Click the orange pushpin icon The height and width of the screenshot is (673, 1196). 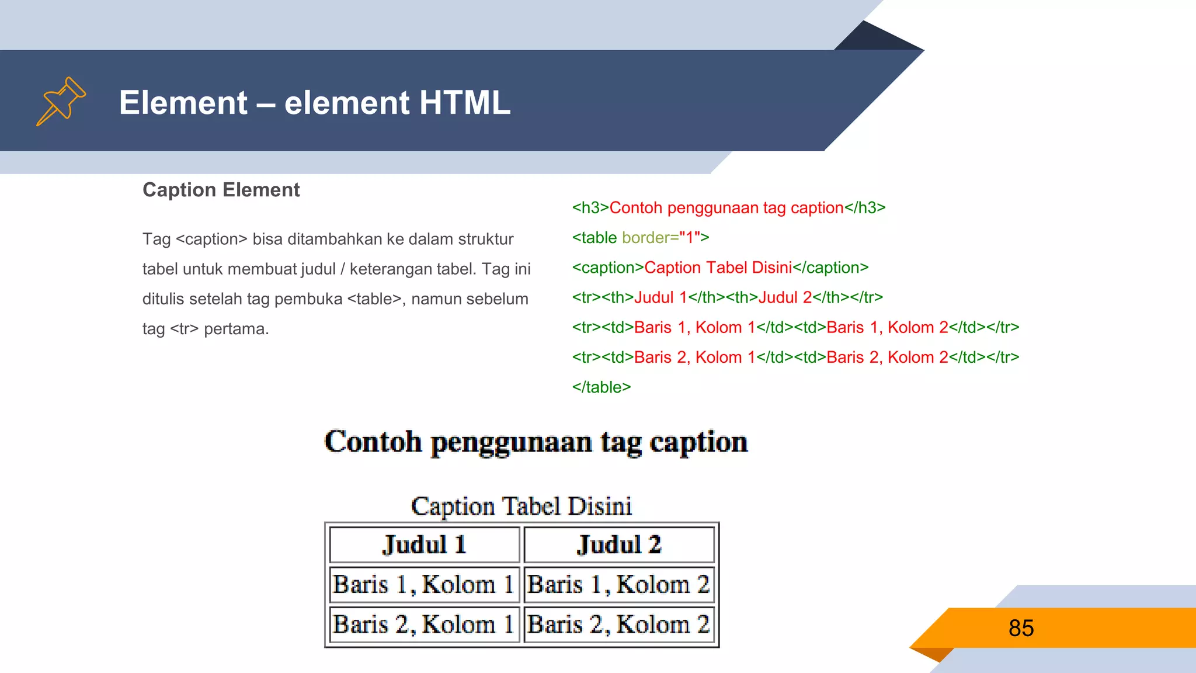(61, 101)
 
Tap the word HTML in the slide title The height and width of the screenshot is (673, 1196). (464, 103)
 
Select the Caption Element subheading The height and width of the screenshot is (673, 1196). (221, 190)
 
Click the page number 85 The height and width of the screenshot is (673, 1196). (1021, 628)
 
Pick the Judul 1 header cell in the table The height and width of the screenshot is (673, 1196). (425, 544)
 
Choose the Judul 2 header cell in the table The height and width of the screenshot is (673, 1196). (619, 544)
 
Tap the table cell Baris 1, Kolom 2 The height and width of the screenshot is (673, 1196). (619, 584)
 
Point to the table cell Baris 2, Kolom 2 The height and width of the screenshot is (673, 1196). (619, 624)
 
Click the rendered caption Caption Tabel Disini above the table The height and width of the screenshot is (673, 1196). (521, 506)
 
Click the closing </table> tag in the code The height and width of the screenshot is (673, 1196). (602, 387)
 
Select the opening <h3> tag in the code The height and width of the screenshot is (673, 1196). (590, 208)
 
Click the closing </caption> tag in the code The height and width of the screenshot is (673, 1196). (830, 268)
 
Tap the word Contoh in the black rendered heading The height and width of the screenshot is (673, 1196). (373, 442)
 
